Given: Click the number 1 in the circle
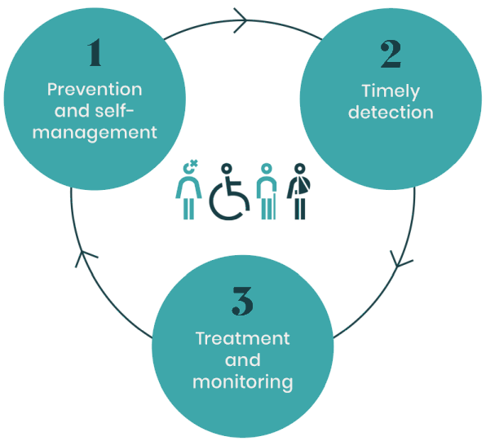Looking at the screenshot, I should pyautogui.click(x=95, y=55).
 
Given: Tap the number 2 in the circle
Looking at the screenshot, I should pyautogui.click(x=391, y=55).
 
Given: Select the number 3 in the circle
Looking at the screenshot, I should pyautogui.click(x=242, y=302).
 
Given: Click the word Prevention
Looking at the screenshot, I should pyautogui.click(x=95, y=89).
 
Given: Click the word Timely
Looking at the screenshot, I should pyautogui.click(x=391, y=91).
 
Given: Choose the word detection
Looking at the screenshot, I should pyautogui.click(x=391, y=112).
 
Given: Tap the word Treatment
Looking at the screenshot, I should pyautogui.click(x=242, y=338).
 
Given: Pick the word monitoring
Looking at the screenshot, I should pyautogui.click(x=242, y=381).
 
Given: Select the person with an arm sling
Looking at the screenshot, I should pyautogui.click(x=300, y=191).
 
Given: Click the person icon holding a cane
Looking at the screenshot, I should pyautogui.click(x=265, y=191).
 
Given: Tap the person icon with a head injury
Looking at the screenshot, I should pyautogui.click(x=189, y=191).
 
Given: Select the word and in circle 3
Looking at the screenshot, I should pyautogui.click(x=242, y=359).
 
